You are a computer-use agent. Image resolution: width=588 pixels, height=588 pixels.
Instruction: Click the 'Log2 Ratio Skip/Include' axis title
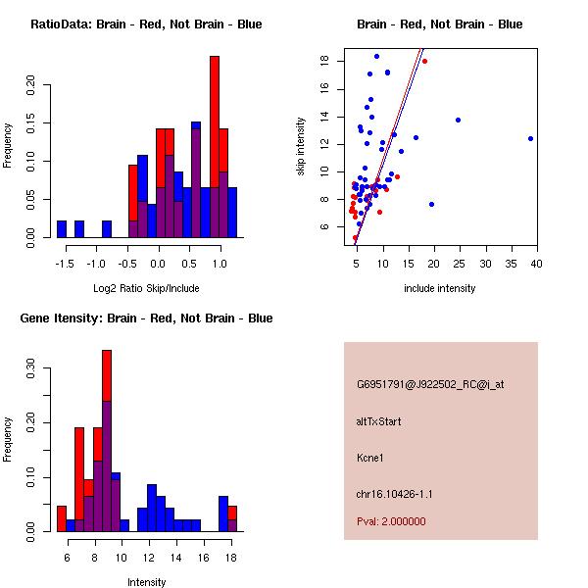[145, 288]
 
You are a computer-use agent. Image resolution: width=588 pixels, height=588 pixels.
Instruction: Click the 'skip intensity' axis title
[301, 147]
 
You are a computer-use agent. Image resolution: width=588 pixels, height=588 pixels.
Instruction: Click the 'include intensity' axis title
[439, 288]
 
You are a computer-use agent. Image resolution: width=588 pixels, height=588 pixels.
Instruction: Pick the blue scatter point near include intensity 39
[530, 138]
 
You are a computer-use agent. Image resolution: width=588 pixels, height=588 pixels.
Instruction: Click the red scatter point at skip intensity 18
[424, 61]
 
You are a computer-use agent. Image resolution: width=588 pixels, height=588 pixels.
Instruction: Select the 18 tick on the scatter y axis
[322, 61]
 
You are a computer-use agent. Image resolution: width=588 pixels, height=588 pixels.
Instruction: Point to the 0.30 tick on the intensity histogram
[30, 371]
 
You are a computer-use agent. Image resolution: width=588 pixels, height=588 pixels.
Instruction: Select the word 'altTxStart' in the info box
[378, 421]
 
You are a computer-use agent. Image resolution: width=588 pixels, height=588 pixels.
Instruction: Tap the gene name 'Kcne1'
[371, 458]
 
